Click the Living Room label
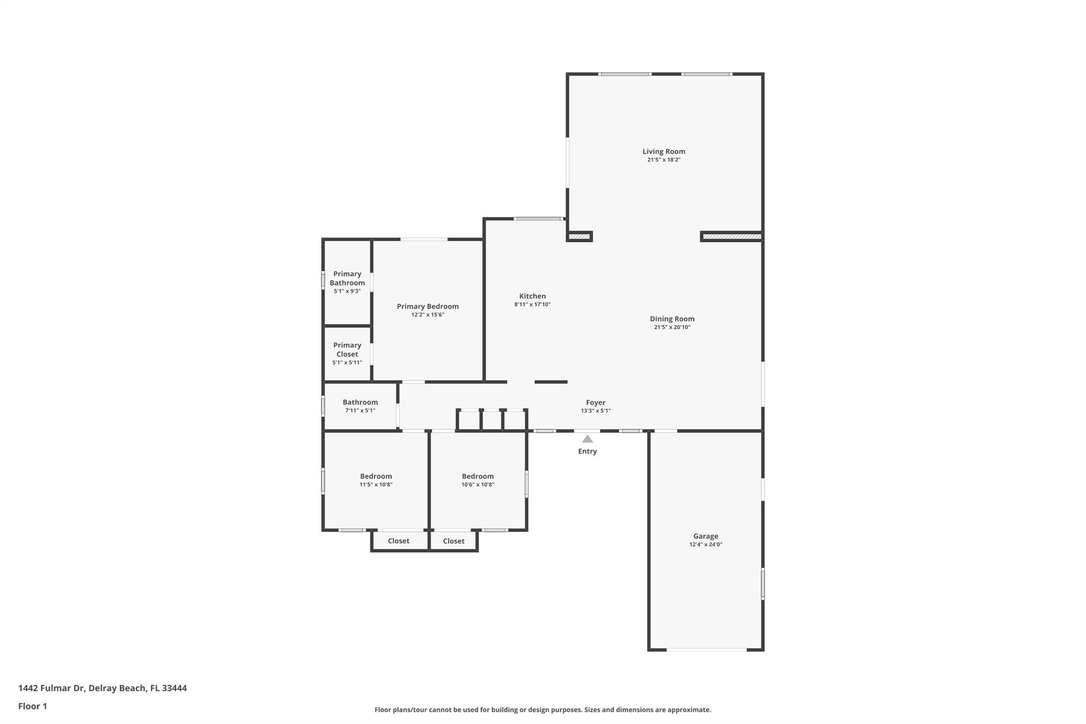click(x=663, y=152)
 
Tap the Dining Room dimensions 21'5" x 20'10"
click(x=672, y=327)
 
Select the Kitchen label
click(x=532, y=296)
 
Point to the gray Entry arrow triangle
click(x=587, y=439)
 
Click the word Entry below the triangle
click(x=587, y=451)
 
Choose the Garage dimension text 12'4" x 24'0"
click(x=705, y=545)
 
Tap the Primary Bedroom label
click(x=427, y=307)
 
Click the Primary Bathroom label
click(x=347, y=278)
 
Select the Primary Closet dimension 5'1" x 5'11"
click(x=347, y=363)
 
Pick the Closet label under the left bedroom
click(x=398, y=541)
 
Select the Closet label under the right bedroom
click(x=453, y=541)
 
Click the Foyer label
click(x=595, y=403)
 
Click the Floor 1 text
click(x=32, y=706)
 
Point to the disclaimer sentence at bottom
click(x=542, y=710)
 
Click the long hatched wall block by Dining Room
click(x=731, y=237)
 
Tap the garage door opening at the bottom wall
click(x=706, y=650)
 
